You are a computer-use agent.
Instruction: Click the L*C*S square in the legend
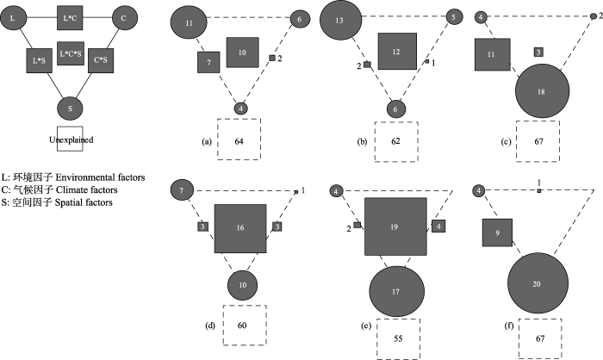click(71, 53)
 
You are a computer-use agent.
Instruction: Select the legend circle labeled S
click(70, 108)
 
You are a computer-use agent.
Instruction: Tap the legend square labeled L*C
click(70, 18)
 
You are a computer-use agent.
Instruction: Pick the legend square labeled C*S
click(101, 60)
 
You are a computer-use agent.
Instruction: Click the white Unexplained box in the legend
click(70, 139)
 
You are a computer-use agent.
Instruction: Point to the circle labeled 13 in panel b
click(341, 20)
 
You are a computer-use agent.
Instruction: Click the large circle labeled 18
click(542, 91)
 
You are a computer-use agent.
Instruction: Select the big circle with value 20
click(538, 283)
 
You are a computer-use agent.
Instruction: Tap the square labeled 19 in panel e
click(395, 227)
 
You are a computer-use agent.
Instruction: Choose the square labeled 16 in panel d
click(240, 228)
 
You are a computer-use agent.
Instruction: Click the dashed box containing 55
click(398, 338)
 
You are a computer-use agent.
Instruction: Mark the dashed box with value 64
click(239, 140)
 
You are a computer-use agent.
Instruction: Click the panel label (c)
click(507, 141)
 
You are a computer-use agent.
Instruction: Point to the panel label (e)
click(366, 326)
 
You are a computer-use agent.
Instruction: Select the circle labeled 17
click(397, 291)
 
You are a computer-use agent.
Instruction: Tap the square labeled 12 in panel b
click(397, 51)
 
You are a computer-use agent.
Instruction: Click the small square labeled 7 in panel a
click(208, 62)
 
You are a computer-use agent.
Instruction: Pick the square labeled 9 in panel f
click(498, 233)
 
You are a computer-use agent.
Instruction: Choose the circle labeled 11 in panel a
click(189, 22)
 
